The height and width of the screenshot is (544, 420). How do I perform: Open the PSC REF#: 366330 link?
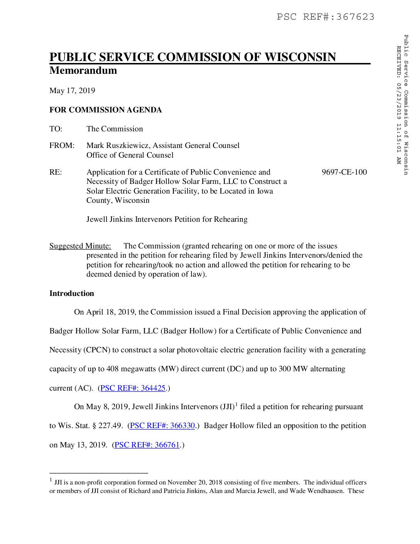click(x=162, y=426)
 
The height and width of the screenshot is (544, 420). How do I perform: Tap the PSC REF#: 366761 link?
click(x=147, y=445)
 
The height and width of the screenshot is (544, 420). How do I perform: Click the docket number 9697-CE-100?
click(x=344, y=172)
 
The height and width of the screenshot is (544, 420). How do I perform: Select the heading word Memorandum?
click(x=83, y=70)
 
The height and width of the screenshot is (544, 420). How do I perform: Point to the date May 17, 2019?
click(x=72, y=91)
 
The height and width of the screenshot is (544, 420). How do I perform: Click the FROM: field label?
click(x=62, y=146)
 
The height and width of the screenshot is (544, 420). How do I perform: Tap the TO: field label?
click(x=56, y=129)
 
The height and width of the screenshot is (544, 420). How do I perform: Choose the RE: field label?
click(x=56, y=172)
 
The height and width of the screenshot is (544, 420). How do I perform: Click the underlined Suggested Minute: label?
click(x=80, y=246)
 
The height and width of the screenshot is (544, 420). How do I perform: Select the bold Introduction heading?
click(x=72, y=294)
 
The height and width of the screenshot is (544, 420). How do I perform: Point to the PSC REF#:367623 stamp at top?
click(x=325, y=17)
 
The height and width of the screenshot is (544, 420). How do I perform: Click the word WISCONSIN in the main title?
click(x=300, y=57)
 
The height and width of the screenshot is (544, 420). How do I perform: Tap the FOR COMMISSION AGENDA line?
click(x=105, y=110)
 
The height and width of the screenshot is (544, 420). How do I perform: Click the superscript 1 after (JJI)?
click(x=236, y=404)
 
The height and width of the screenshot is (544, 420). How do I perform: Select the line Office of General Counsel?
click(x=130, y=155)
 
